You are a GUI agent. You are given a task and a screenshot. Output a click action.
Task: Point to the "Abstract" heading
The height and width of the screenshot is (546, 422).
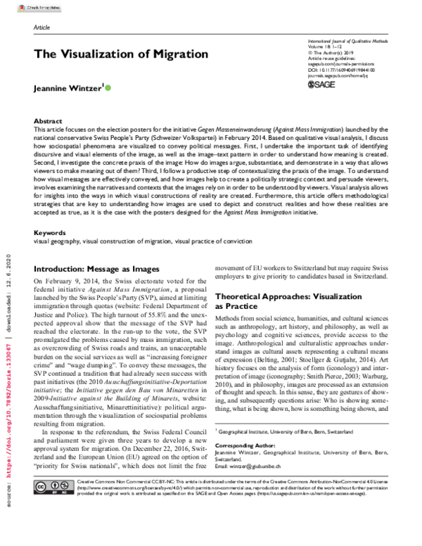(48, 121)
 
